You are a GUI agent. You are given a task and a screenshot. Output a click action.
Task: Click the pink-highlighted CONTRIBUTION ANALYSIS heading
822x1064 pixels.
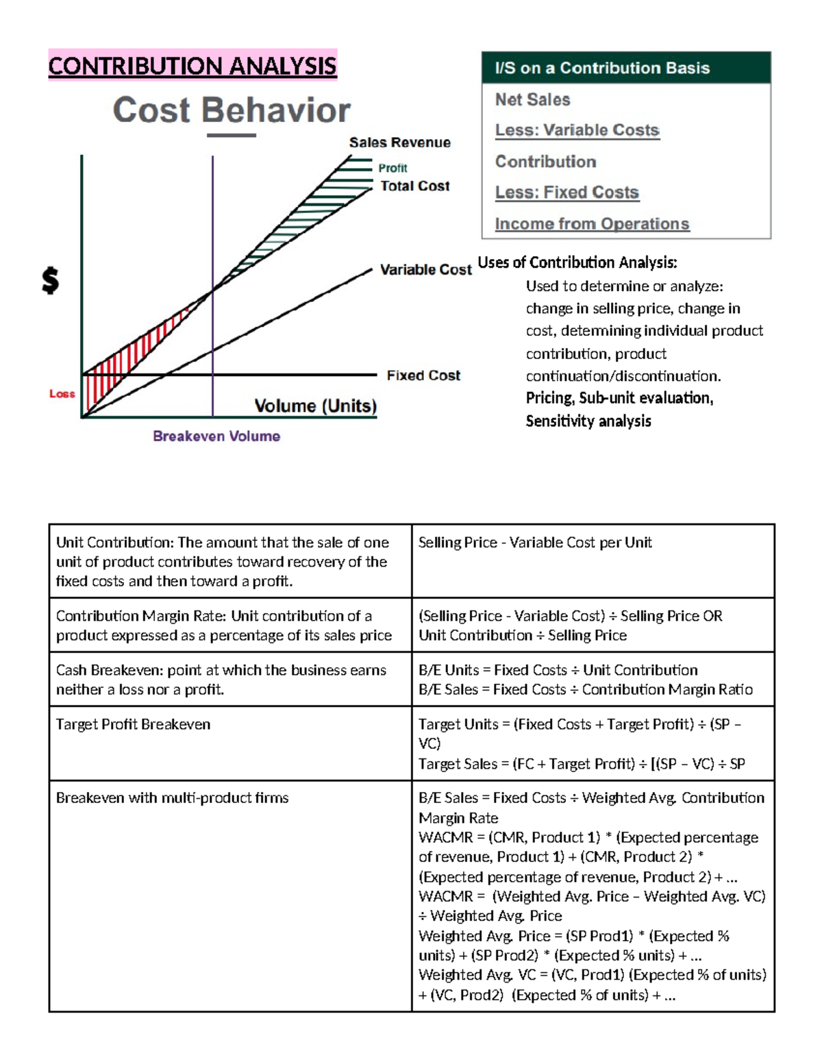pos(192,66)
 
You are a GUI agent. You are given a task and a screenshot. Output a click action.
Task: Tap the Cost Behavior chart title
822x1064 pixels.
pos(232,110)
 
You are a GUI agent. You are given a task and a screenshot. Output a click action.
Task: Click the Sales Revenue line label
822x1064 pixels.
pos(399,143)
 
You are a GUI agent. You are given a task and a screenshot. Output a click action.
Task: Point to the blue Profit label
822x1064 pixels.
pos(393,168)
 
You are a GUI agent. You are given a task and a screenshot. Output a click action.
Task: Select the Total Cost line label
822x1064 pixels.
pos(414,186)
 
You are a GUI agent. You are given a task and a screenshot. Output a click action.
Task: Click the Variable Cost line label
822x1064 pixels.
pos(425,270)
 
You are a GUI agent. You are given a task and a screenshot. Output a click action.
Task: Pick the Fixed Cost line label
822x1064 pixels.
pos(423,375)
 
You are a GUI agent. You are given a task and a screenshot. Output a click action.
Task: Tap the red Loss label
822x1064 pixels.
pos(62,394)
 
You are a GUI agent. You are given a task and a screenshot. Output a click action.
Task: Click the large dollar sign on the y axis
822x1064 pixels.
pos(50,280)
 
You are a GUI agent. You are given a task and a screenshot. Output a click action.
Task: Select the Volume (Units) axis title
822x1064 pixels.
pos(315,406)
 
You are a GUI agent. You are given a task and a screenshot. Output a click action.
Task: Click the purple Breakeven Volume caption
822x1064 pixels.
pos(216,436)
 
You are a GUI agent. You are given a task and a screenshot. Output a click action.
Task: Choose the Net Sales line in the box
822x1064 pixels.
pos(532,100)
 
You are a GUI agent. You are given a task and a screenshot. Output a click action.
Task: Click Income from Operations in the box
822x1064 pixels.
pos(592,224)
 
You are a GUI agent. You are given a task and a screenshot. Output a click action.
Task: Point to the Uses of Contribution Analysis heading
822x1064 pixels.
pos(577,262)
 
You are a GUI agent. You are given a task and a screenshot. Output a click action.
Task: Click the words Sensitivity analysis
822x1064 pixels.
pos(588,421)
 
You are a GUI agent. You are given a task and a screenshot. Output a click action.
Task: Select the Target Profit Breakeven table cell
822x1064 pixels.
pos(133,724)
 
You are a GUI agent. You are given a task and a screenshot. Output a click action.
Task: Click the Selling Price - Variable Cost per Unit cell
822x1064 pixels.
pos(535,543)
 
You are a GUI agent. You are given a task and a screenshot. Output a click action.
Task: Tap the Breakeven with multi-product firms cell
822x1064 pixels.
pos(172,797)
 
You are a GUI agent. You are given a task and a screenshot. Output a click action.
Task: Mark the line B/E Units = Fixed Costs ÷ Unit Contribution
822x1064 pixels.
pos(558,670)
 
